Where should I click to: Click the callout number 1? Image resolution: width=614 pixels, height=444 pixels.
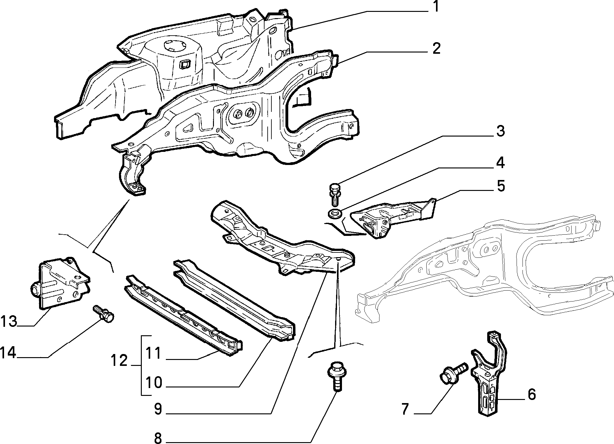tap(436, 7)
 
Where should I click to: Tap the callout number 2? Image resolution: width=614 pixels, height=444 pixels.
tap(436, 49)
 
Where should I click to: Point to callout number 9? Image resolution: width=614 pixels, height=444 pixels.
tap(158, 409)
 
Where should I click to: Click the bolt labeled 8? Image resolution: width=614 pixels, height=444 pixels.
tap(336, 376)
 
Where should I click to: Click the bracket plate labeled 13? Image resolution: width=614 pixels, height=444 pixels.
tap(61, 282)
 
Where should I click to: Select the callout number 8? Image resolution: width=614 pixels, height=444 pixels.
tap(158, 437)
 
